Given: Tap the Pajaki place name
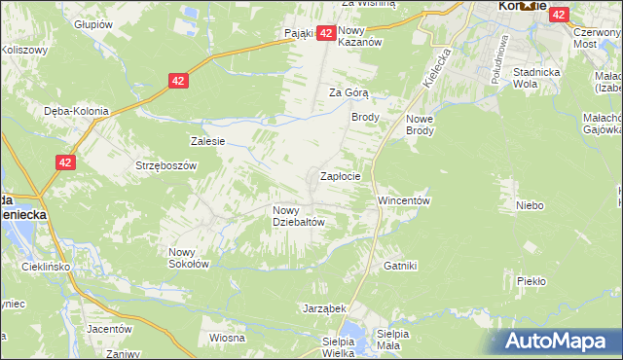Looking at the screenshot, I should [299, 33].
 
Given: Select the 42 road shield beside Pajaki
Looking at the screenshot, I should [327, 33].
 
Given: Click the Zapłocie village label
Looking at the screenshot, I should [342, 177].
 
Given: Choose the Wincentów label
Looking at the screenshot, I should [404, 200].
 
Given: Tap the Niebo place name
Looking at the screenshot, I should [530, 205].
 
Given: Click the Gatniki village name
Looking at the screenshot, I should [400, 266].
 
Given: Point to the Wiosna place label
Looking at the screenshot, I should [226, 338].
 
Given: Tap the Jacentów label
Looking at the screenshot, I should [108, 329].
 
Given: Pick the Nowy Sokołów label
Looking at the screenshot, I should [189, 256].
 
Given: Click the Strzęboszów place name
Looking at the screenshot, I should [166, 165].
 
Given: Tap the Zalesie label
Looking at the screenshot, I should [208, 141].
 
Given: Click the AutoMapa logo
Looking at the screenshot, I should [557, 341].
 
